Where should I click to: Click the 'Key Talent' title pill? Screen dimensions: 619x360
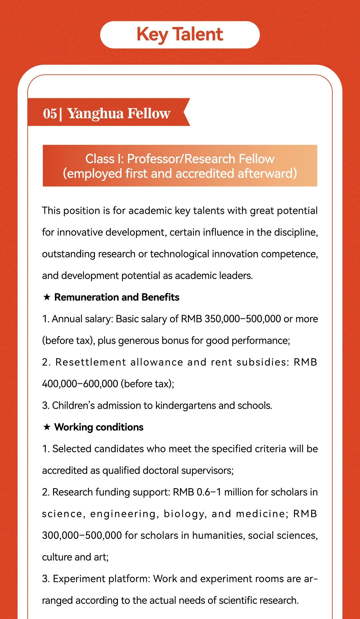click(x=180, y=35)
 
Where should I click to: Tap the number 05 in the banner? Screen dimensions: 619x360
click(x=50, y=113)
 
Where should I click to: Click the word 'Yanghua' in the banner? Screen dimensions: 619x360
click(x=95, y=113)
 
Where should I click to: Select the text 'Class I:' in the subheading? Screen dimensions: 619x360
click(x=104, y=159)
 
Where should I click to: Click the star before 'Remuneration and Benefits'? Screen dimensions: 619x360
click(x=47, y=297)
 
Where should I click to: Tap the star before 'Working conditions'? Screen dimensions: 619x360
click(x=47, y=427)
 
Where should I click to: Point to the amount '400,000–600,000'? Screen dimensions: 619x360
click(x=80, y=384)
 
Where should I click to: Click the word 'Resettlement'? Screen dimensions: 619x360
click(x=91, y=362)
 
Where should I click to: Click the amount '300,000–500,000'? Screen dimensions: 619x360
click(x=82, y=535)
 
